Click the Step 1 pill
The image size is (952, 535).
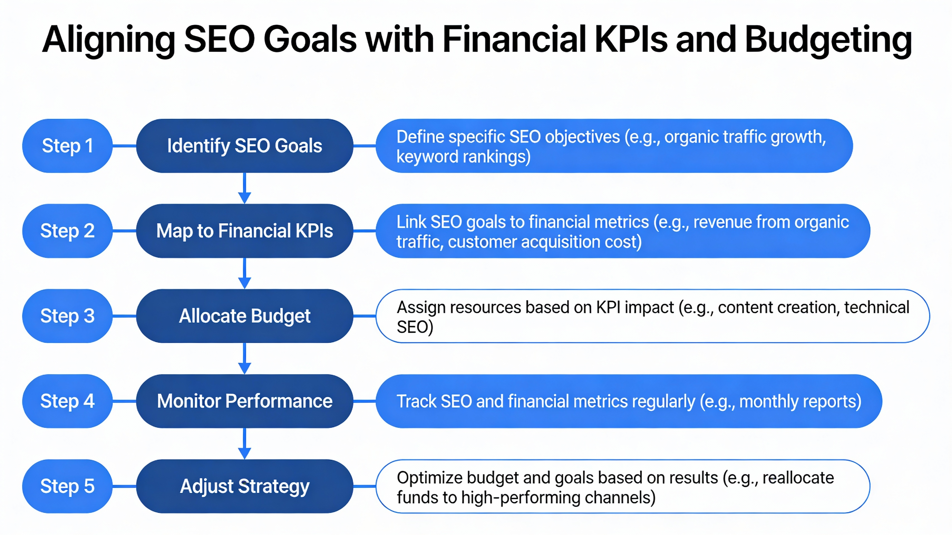point(67,145)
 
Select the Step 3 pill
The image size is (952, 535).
point(67,316)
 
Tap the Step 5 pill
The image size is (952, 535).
point(67,486)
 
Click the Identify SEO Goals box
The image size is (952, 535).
point(244,145)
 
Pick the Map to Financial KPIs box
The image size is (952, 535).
point(244,231)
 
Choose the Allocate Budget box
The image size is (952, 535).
point(244,316)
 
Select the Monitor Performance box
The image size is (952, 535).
point(244,401)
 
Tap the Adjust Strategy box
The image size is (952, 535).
point(244,486)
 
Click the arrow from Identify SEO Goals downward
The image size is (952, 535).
point(244,188)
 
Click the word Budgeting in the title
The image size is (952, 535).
point(828,40)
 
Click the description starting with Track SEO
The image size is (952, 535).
point(628,401)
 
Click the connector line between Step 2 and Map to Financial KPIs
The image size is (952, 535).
point(124,231)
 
